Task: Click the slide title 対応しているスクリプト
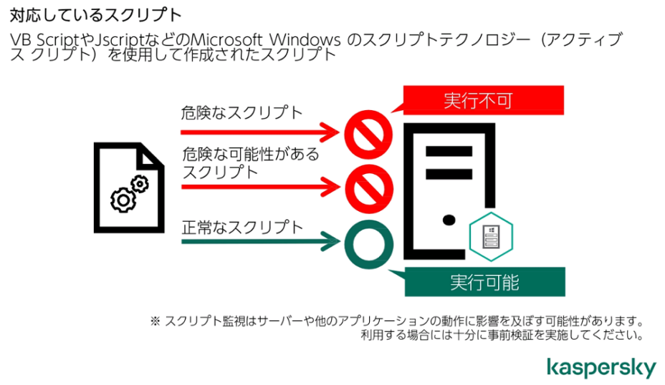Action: click(x=96, y=15)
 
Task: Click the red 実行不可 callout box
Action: click(x=484, y=100)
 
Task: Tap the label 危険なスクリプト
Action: click(x=241, y=112)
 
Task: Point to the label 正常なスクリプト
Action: click(x=243, y=228)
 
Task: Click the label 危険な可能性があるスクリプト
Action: click(x=251, y=163)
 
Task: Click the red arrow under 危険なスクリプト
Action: click(x=260, y=132)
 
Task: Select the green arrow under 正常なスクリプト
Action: click(x=261, y=241)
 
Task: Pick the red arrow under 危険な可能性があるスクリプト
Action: click(x=261, y=186)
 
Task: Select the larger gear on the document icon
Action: click(x=123, y=200)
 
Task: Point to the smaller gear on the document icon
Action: click(x=140, y=184)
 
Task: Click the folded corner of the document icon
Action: click(x=150, y=155)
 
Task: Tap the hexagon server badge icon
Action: click(x=491, y=236)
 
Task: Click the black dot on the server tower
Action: click(x=449, y=220)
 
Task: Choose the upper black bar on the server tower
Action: click(x=449, y=151)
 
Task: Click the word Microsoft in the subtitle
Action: click(x=227, y=40)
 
